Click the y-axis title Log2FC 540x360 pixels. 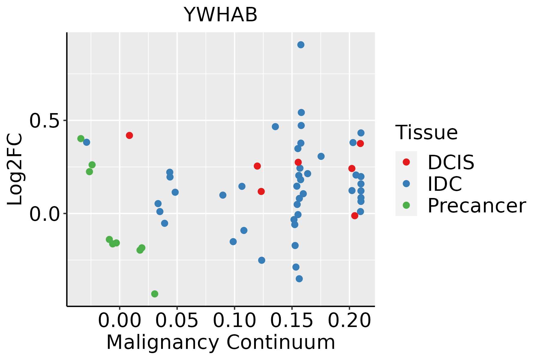[15, 169]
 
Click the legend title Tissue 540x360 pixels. [426, 132]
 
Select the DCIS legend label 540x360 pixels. [451, 162]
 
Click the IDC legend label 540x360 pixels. [445, 184]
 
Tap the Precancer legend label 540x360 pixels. [476, 205]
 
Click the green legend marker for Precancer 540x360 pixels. [406, 205]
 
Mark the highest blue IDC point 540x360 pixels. [301, 45]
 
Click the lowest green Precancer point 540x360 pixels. [155, 294]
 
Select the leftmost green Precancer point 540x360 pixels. [81, 139]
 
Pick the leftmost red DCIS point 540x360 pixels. [129, 135]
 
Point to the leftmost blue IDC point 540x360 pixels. [87, 142]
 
